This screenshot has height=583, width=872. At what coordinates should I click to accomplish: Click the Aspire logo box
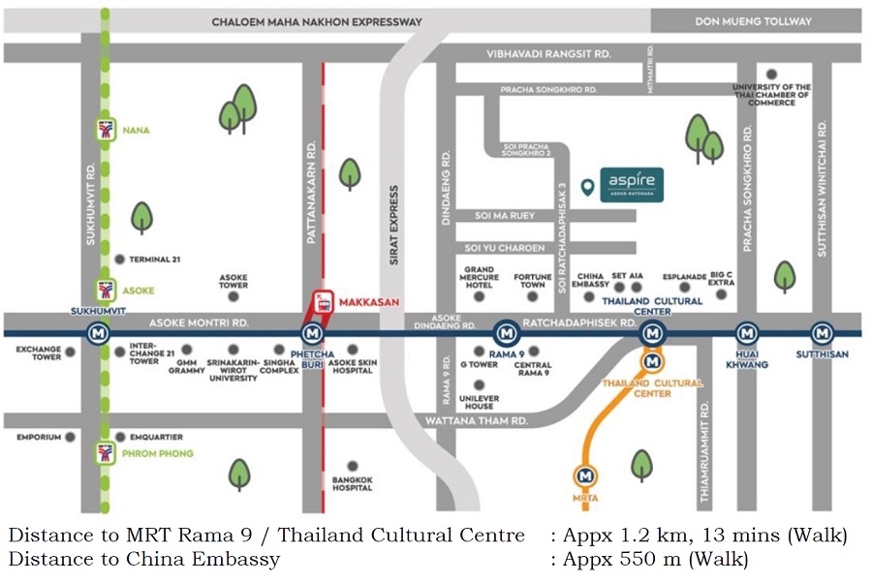click(632, 184)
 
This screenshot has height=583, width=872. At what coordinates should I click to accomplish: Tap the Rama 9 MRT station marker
click(505, 334)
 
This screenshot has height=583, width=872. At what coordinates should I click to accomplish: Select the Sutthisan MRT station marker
click(821, 333)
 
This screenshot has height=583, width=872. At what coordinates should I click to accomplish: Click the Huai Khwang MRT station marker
click(746, 333)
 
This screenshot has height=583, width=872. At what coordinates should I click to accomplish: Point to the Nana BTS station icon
click(105, 130)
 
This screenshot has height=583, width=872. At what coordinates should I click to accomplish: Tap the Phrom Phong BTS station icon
click(105, 453)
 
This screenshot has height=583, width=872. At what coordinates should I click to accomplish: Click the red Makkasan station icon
click(324, 302)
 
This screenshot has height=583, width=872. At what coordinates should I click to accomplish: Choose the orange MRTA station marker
click(584, 476)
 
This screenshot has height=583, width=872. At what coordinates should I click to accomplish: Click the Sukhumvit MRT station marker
click(97, 334)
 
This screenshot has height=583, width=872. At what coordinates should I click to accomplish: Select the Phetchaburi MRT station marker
click(312, 334)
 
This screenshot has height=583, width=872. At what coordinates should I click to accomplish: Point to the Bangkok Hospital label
click(352, 483)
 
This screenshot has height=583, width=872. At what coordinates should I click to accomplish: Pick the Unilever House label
click(479, 401)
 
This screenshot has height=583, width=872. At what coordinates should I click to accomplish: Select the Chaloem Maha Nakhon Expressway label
click(317, 21)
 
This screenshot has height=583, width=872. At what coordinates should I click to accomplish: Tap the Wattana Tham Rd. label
click(477, 420)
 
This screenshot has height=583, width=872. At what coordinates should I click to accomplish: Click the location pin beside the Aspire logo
click(586, 188)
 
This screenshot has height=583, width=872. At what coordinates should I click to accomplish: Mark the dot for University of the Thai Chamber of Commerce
click(771, 74)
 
